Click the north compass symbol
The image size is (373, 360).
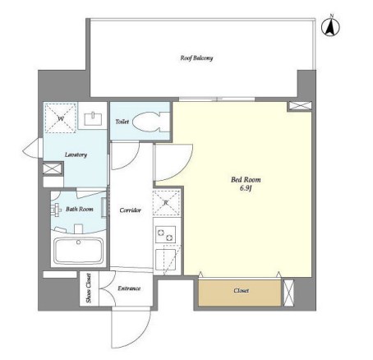330,26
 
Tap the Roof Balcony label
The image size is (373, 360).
196,58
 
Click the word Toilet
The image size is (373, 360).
122,122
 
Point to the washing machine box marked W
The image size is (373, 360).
61,118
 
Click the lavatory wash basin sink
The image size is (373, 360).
93,118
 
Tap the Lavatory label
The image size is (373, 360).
76,155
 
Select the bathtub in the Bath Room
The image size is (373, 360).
79,251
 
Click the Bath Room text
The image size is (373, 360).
80,210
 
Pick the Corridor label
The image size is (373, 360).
131,210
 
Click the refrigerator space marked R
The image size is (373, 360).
166,202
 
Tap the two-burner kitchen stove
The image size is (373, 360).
166,234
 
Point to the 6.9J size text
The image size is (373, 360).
246,188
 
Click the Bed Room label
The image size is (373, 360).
246,180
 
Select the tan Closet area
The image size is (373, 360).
240,293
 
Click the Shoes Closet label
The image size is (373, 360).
89,288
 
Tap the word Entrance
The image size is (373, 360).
129,288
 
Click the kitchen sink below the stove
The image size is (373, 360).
166,260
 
